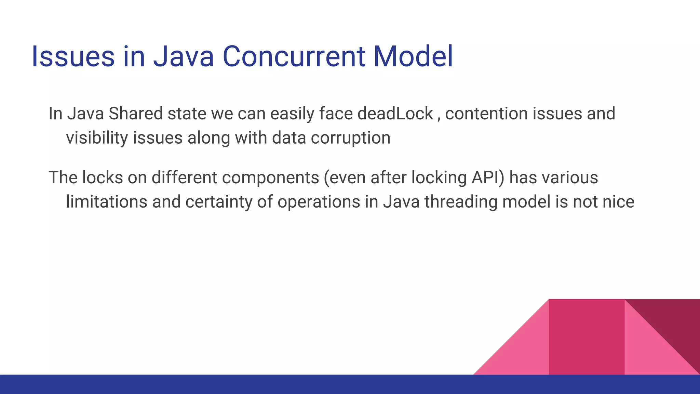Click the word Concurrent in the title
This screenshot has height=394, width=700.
pyautogui.click(x=294, y=56)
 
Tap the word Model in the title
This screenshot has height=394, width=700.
pyautogui.click(x=413, y=56)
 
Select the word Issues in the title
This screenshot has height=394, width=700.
pyautogui.click(x=73, y=56)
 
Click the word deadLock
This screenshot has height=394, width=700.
pyautogui.click(x=395, y=114)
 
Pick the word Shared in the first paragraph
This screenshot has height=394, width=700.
pyautogui.click(x=135, y=114)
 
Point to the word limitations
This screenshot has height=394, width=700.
pyautogui.click(x=106, y=202)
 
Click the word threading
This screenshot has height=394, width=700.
pyautogui.click(x=461, y=202)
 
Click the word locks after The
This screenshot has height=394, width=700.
pyautogui.click(x=102, y=178)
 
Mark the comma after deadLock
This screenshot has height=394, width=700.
pyautogui.click(x=439, y=118)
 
